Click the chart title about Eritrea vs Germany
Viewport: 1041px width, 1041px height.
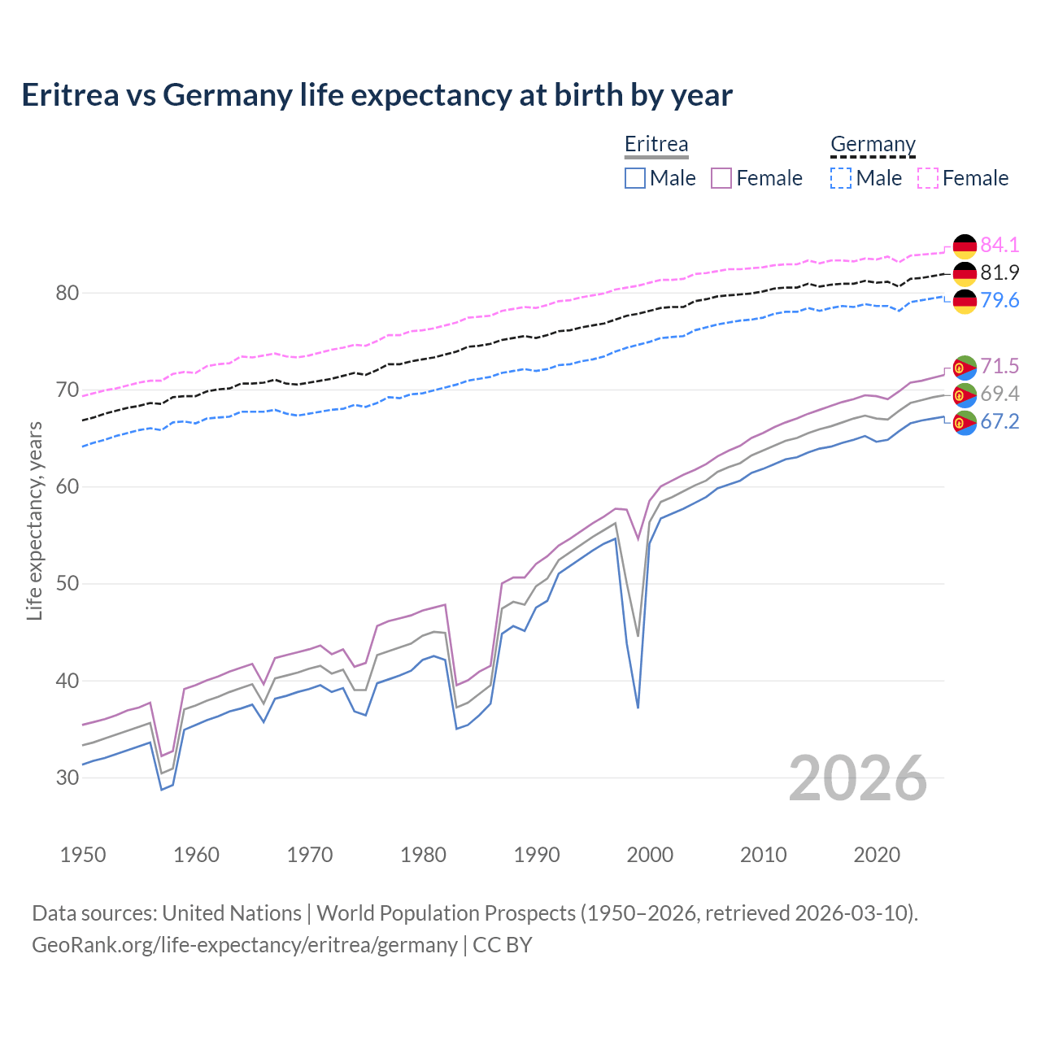pos(377,95)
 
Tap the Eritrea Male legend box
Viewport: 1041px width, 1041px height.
pos(635,178)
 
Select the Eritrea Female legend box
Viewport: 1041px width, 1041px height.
pos(721,178)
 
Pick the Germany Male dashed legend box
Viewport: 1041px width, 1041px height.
pos(841,178)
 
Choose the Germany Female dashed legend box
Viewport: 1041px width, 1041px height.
pos(928,178)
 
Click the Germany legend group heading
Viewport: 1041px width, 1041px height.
pos(873,144)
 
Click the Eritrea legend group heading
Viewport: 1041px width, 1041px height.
pos(656,144)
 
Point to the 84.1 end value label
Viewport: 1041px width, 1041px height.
pos(1000,245)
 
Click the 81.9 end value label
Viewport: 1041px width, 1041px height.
pos(1000,272)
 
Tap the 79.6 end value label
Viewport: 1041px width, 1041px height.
pos(1000,300)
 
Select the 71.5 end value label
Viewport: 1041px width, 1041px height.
pos(1000,367)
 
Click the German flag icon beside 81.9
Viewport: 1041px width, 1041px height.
pos(965,273)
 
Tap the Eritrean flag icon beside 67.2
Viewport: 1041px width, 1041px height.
pos(965,423)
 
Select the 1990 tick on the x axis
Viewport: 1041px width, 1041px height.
pos(537,855)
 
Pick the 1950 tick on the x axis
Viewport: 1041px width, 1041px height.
pos(83,855)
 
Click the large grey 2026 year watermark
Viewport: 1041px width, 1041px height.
pos(857,778)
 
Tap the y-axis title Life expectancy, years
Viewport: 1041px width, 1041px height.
pos(34,520)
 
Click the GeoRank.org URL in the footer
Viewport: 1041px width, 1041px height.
pos(245,944)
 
